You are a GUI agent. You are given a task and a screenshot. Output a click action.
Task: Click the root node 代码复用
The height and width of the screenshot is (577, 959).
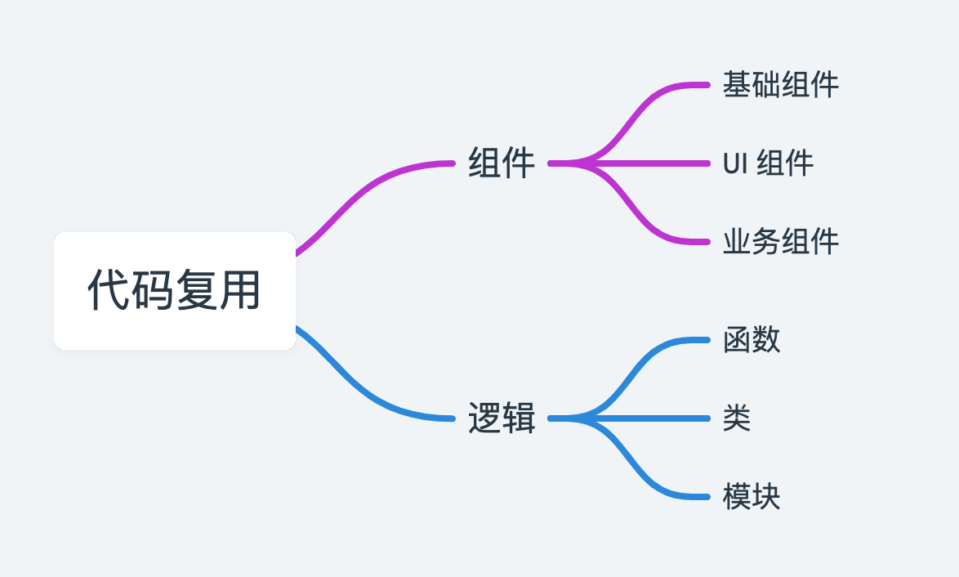(x=174, y=290)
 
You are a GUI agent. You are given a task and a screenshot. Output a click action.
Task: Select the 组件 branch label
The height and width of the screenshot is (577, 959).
(x=502, y=163)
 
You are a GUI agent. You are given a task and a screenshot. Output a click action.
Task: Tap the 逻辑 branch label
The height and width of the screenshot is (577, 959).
(x=502, y=418)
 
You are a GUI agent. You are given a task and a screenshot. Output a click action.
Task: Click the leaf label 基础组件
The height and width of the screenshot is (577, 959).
(x=780, y=85)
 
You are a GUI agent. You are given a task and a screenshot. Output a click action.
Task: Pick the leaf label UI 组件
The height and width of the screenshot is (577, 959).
(x=768, y=163)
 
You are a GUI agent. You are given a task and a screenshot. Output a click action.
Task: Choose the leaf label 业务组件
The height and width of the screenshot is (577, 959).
(x=780, y=242)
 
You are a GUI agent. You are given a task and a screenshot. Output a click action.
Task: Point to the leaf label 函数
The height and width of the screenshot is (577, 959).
(x=752, y=340)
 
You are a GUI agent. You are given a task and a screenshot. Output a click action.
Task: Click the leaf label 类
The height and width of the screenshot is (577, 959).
(x=737, y=418)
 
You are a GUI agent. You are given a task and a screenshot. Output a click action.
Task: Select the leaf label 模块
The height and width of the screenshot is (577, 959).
(x=752, y=497)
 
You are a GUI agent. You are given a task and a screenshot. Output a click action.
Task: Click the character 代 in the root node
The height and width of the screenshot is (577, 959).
(x=109, y=290)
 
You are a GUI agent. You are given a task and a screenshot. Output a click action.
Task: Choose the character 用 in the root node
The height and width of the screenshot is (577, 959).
(x=239, y=290)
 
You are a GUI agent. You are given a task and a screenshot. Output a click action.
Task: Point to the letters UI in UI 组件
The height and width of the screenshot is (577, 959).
(x=734, y=163)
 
